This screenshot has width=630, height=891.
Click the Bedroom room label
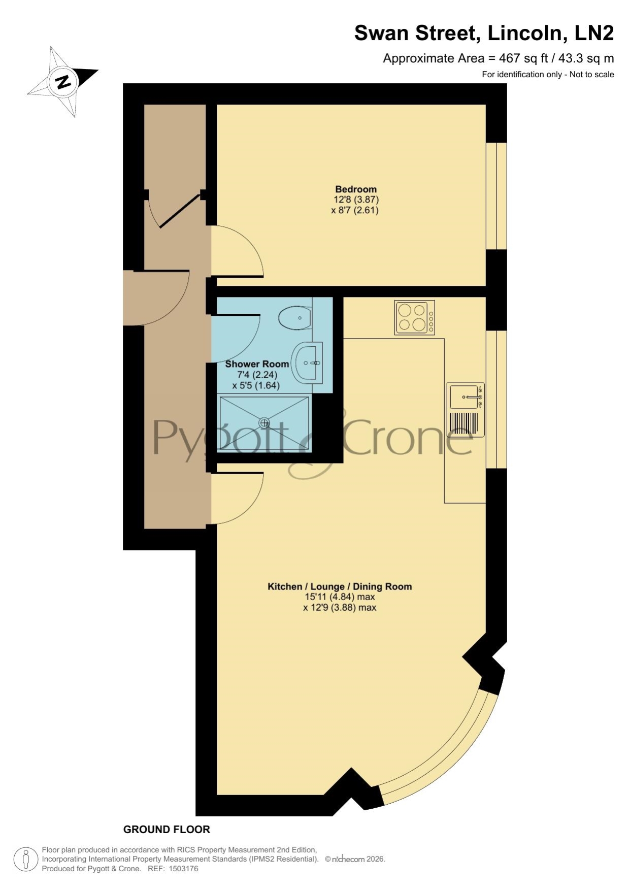click(355, 189)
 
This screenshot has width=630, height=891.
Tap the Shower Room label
click(257, 364)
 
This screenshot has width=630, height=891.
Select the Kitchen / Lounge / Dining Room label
click(340, 586)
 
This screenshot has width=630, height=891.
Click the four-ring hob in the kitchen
click(415, 317)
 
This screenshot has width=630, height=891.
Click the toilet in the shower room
click(295, 318)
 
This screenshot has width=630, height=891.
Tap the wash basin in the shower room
click(307, 362)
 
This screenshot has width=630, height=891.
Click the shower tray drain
click(264, 422)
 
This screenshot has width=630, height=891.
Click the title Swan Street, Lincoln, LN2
click(484, 33)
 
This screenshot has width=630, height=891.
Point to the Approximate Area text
click(498, 58)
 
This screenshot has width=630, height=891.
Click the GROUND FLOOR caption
click(167, 830)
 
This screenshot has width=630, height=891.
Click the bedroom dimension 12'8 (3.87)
click(356, 200)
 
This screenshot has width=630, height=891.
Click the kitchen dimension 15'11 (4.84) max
click(340, 597)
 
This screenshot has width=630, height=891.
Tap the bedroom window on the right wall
click(496, 196)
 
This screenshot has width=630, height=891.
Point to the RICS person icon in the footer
click(25, 860)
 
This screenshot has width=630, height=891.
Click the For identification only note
click(548, 75)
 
